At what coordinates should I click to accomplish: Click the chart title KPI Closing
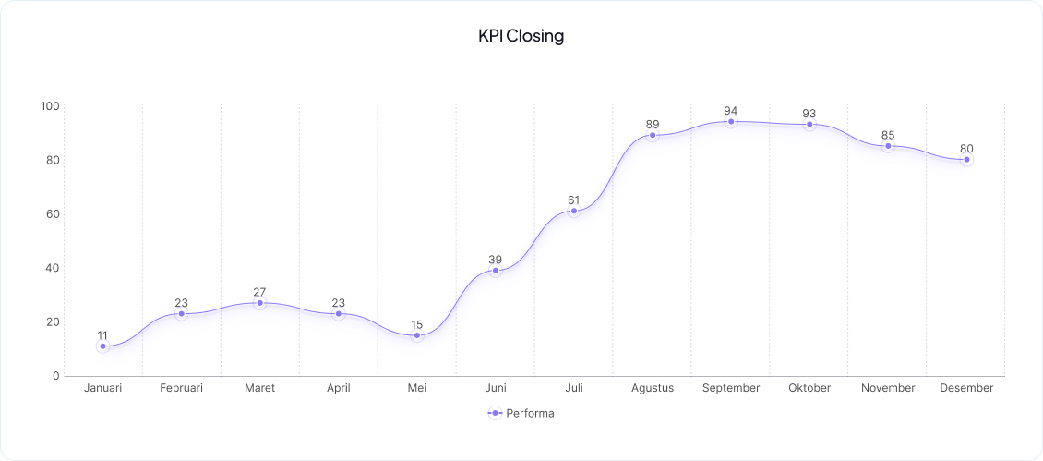(521, 37)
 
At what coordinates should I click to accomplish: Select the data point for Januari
(103, 346)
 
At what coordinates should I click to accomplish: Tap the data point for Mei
(417, 335)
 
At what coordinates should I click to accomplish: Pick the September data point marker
(731, 122)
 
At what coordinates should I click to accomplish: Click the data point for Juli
(574, 212)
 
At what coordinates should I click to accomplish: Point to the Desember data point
(966, 160)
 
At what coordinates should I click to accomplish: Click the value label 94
(731, 111)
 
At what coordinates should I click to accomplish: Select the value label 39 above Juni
(496, 260)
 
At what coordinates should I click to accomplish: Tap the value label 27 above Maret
(260, 292)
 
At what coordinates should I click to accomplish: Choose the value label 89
(653, 124)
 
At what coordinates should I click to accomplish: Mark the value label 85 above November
(888, 135)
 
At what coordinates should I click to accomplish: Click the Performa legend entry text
(530, 413)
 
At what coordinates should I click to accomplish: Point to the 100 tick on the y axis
(50, 106)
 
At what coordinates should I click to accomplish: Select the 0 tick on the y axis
(55, 376)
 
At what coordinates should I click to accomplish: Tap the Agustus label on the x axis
(653, 388)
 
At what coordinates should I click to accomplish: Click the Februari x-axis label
(182, 388)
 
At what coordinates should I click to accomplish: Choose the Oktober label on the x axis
(809, 388)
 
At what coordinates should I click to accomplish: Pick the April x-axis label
(339, 388)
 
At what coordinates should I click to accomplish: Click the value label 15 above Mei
(417, 324)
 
